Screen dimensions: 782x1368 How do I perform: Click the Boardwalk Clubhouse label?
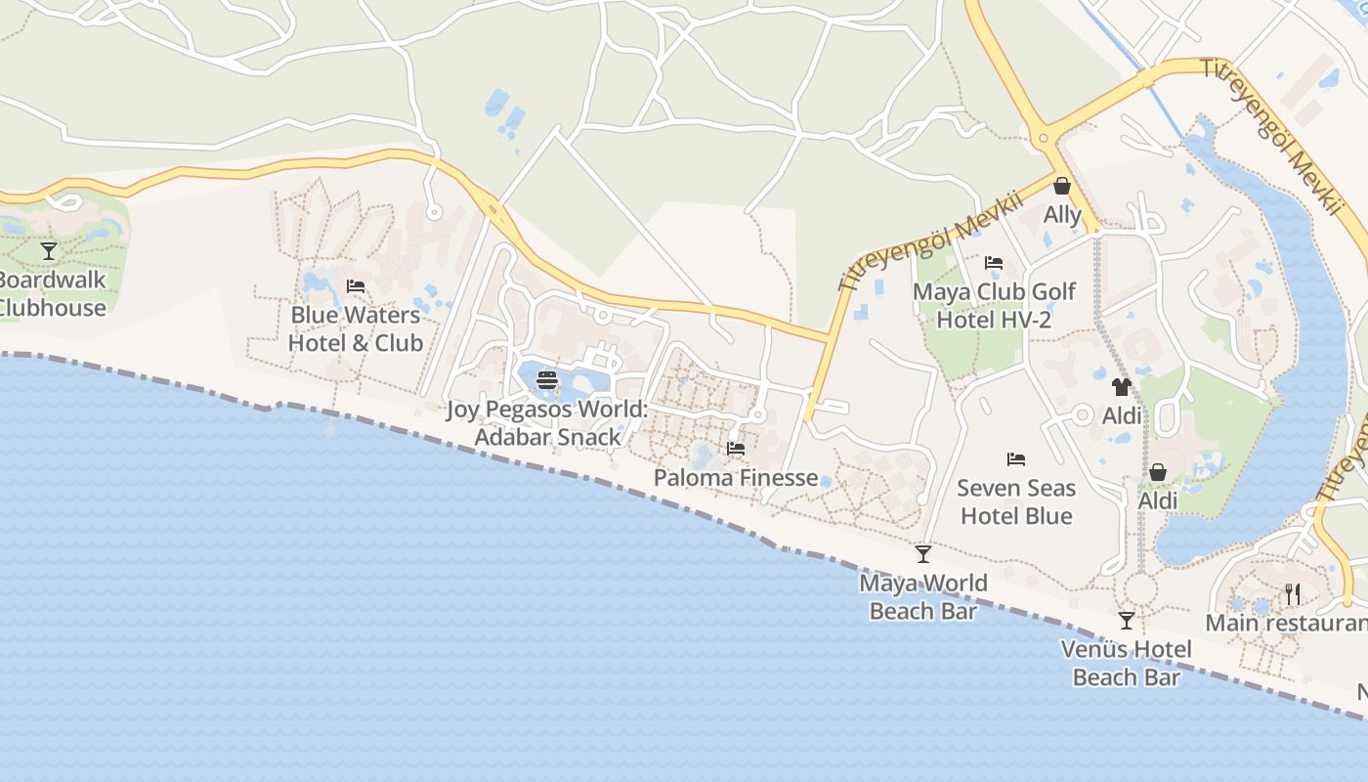[x=51, y=294]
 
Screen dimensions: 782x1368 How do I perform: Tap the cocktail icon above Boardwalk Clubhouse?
[x=49, y=251]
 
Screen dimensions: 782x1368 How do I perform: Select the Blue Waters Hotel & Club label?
[x=356, y=328]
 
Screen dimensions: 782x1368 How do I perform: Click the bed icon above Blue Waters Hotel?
[x=356, y=286]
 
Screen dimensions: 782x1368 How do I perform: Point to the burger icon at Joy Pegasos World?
[x=547, y=380]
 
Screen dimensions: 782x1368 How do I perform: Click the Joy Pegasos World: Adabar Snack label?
[x=547, y=423]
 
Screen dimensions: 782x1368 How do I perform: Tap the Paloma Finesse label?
[x=736, y=478]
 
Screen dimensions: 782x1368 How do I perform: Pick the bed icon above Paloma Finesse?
[x=736, y=449]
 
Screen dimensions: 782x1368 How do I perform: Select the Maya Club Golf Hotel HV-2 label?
[x=994, y=306]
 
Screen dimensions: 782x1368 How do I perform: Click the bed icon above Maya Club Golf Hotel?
[x=994, y=263]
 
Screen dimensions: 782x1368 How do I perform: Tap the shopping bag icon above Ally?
[x=1062, y=186]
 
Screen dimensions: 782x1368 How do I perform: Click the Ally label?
[x=1062, y=215]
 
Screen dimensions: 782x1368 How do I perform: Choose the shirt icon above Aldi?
[x=1121, y=387]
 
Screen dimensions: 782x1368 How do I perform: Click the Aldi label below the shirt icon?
[x=1122, y=415]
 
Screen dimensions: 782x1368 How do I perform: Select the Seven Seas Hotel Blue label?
[x=1016, y=501]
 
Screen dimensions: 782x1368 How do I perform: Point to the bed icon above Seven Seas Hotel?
[x=1016, y=458]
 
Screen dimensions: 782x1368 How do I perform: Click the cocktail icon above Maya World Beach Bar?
[x=923, y=554]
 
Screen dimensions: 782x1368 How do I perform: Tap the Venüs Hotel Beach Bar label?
[x=1127, y=663]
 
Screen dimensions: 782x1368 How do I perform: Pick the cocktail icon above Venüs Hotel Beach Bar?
[x=1127, y=620]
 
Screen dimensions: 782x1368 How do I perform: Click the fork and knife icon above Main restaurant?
[x=1292, y=593]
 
